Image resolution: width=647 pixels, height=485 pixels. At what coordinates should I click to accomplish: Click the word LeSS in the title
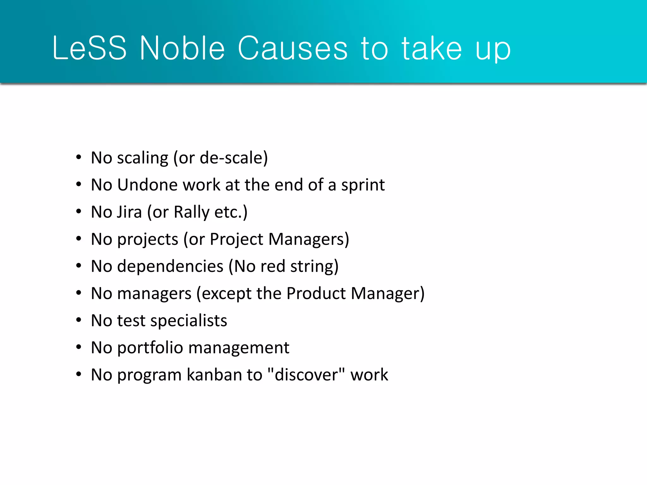tap(89, 48)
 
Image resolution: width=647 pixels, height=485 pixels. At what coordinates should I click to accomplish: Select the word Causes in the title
tap(293, 48)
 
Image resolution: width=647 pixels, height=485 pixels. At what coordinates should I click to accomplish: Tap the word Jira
tap(130, 212)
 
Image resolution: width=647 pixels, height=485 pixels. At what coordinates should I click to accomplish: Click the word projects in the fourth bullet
tap(148, 240)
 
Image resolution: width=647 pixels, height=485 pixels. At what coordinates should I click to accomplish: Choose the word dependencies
tap(170, 266)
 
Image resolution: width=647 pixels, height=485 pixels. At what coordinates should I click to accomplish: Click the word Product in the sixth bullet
tap(316, 293)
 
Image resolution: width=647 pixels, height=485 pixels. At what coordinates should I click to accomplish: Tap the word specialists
tap(189, 321)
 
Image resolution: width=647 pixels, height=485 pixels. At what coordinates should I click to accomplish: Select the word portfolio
tap(150, 348)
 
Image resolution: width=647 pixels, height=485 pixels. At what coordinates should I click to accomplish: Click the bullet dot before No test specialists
tap(79, 320)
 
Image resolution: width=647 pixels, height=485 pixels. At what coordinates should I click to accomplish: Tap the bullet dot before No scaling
tap(79, 157)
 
